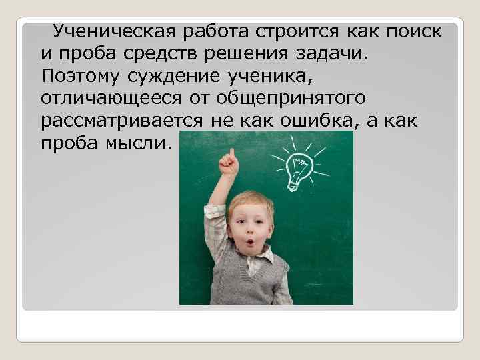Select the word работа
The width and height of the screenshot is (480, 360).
(x=206, y=31)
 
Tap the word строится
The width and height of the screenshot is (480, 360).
(x=290, y=31)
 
